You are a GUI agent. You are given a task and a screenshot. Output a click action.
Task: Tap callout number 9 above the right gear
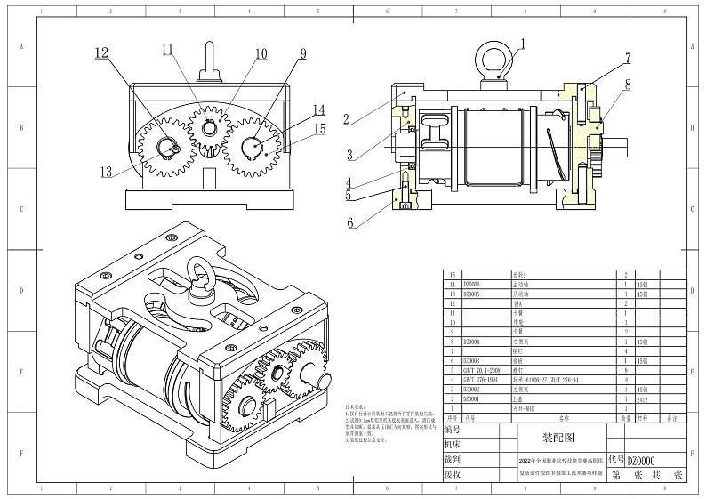pyautogui.click(x=303, y=53)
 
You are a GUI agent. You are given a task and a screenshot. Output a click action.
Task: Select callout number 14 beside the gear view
pyautogui.click(x=318, y=110)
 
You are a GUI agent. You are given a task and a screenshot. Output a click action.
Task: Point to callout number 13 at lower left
pyautogui.click(x=107, y=172)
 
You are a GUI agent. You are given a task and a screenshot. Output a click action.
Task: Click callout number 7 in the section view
pyautogui.click(x=627, y=59)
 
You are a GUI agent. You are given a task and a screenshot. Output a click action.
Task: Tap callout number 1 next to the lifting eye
pyautogui.click(x=523, y=43)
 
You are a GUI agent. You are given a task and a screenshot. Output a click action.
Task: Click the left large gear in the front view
pyautogui.click(x=164, y=145)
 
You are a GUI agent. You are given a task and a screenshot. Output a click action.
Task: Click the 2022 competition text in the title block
pyautogui.click(x=561, y=461)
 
